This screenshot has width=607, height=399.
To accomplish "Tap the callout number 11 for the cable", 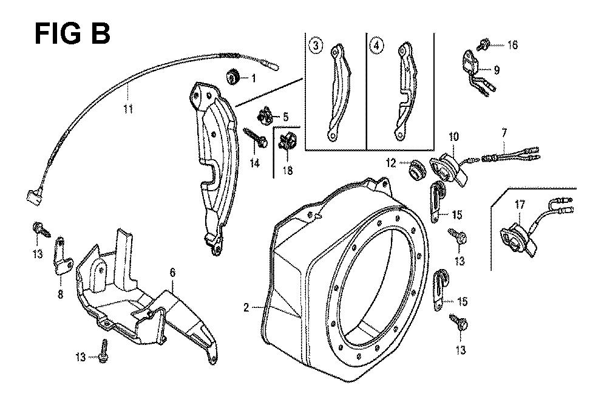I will [128, 109].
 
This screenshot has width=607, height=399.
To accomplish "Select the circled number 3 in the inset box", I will [314, 45].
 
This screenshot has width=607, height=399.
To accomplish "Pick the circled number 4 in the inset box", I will [378, 45].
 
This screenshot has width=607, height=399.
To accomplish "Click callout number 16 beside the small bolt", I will [512, 46].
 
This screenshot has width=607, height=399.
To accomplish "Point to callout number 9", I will [497, 70].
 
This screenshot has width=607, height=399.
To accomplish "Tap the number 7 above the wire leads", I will [504, 132].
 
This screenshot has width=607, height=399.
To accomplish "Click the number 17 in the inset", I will [520, 205].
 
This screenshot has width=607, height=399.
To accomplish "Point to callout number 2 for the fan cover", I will [246, 308].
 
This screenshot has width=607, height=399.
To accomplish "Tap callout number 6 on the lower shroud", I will [172, 273].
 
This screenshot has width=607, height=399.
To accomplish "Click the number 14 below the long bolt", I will [256, 162].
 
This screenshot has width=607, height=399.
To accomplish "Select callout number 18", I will [287, 171].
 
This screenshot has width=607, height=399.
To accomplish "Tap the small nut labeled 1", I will [232, 77].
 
